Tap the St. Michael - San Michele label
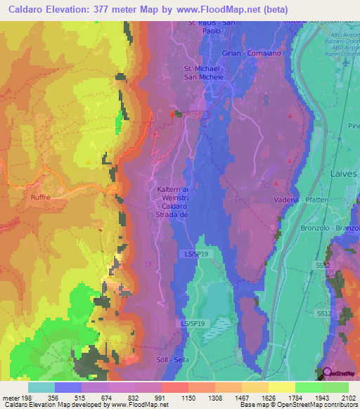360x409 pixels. (204, 72)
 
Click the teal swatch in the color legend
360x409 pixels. (41, 387)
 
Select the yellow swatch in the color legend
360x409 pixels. (281, 387)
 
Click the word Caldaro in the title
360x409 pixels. (30, 8)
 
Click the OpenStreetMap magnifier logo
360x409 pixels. (326, 372)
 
